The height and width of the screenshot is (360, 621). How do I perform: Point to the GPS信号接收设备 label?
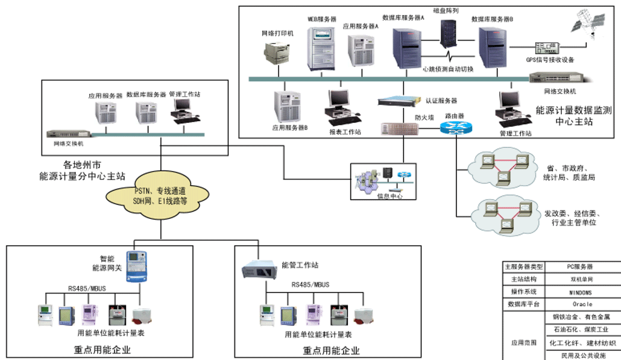[x=550, y=59]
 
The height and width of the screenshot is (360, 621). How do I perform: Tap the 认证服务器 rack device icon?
[x=400, y=101]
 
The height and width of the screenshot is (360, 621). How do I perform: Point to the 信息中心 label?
[x=389, y=196]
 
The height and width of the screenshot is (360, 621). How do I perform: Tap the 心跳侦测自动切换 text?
[x=449, y=69]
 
